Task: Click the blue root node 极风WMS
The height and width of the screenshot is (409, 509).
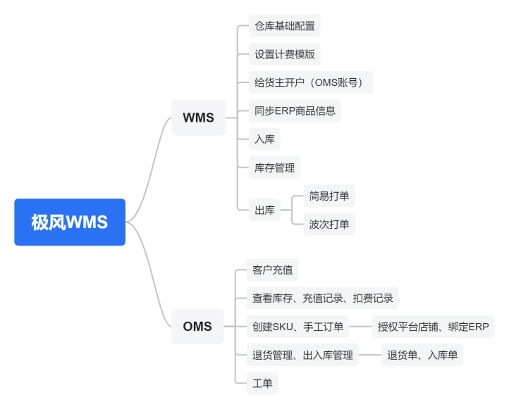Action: tap(70, 222)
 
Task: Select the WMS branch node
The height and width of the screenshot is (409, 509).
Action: tap(198, 118)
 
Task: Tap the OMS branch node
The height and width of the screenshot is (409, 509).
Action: tap(197, 327)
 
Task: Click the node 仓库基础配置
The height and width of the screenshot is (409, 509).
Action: tap(285, 25)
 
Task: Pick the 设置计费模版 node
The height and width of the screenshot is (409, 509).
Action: tap(285, 54)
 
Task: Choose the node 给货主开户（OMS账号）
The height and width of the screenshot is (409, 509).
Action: tap(311, 82)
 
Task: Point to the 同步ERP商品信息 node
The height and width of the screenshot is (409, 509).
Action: tap(295, 111)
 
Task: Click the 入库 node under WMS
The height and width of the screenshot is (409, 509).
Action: tap(264, 139)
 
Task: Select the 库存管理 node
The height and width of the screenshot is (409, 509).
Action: tap(275, 168)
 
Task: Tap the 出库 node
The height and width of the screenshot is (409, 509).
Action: tap(264, 210)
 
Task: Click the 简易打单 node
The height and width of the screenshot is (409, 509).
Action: tap(329, 196)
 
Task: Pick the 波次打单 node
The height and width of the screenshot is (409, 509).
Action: tap(329, 225)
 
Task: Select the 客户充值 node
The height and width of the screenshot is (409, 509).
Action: tap(272, 270)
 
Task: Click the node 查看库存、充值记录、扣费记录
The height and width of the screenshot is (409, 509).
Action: tap(323, 298)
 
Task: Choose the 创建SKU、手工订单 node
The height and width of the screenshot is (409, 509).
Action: tap(298, 327)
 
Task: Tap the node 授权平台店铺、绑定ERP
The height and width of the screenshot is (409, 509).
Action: tap(434, 327)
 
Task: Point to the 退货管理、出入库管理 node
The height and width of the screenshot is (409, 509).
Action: tap(302, 355)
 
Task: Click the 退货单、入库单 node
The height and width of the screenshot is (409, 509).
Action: tap(422, 355)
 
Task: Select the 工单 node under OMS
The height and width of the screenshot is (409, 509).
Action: tap(262, 383)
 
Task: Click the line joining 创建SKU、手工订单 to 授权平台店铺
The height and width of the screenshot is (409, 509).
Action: tap(361, 327)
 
